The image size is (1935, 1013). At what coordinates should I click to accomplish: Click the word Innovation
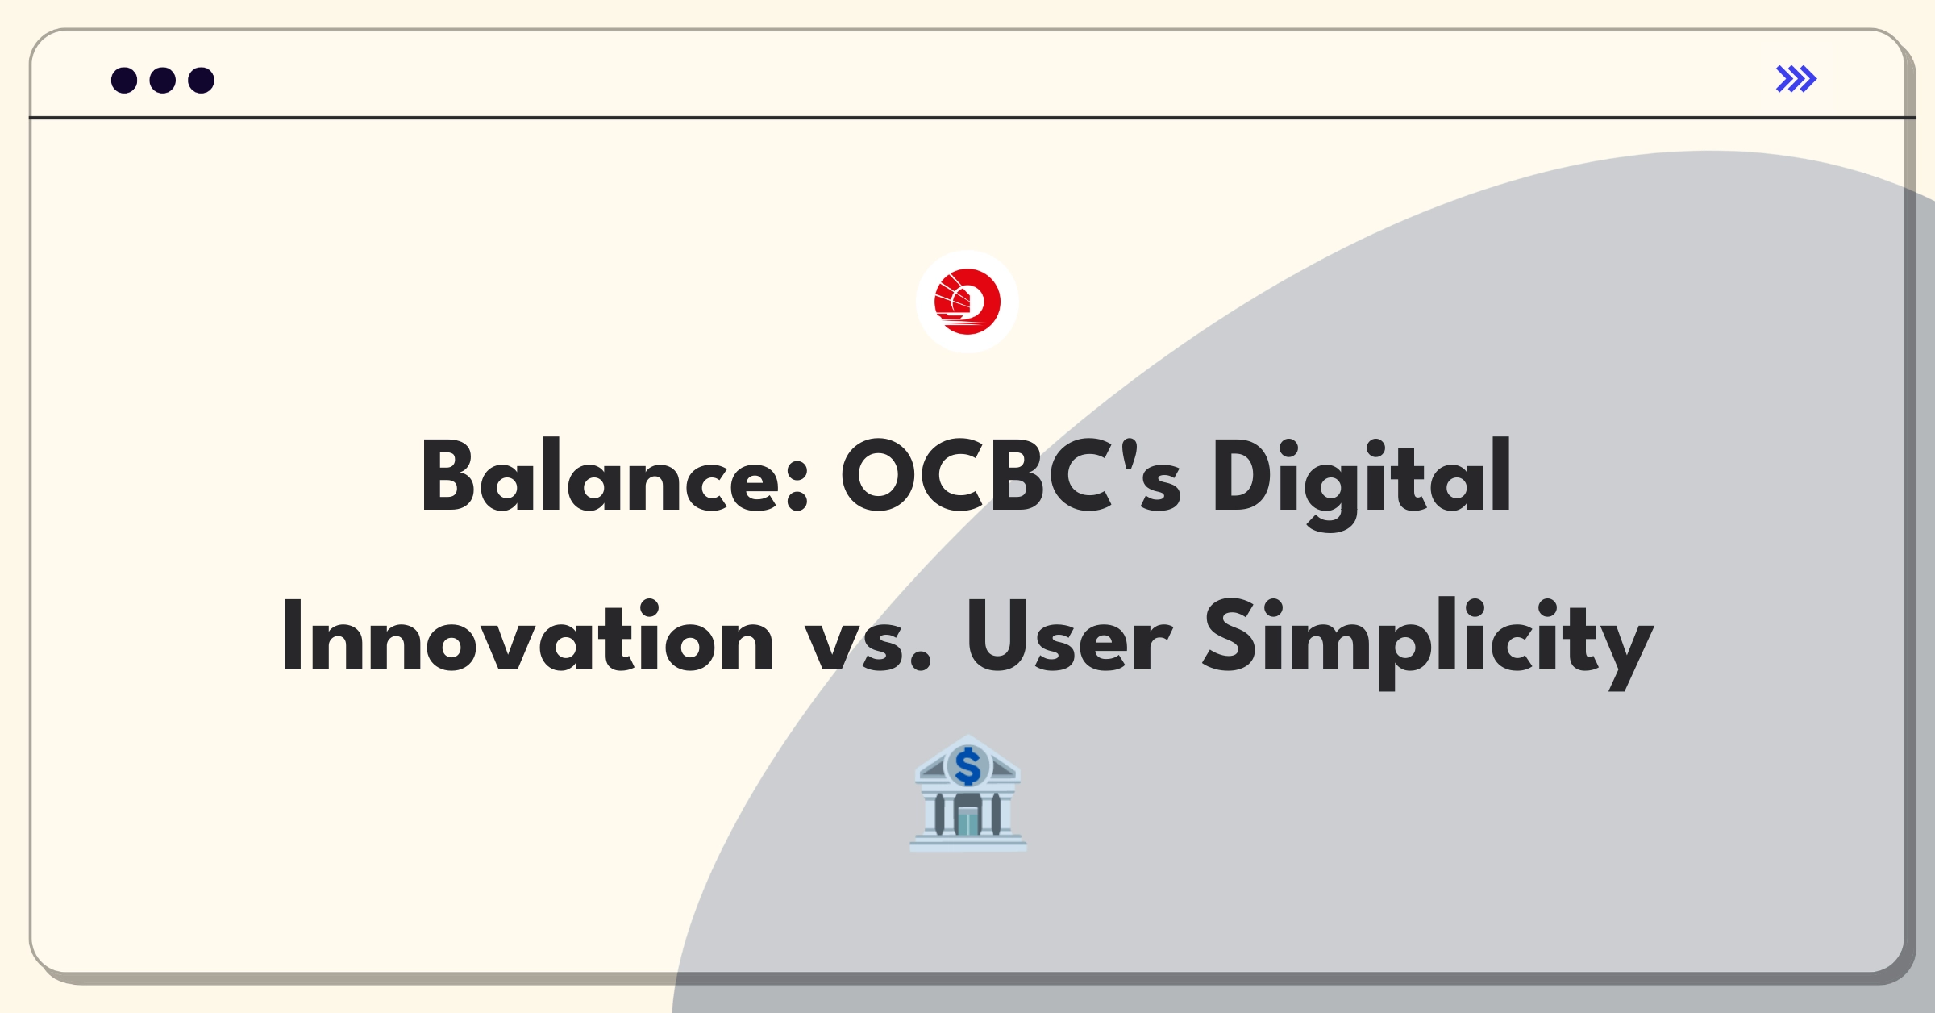(x=527, y=637)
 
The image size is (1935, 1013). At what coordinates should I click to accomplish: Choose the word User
(x=1068, y=637)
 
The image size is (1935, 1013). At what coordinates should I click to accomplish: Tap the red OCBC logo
(x=967, y=302)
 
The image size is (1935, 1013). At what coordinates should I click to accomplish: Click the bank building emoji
(x=967, y=794)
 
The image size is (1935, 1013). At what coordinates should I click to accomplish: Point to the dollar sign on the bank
(x=967, y=766)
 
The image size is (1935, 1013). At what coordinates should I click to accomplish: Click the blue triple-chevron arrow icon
(x=1796, y=79)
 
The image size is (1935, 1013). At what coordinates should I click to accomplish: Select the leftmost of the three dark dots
(x=124, y=81)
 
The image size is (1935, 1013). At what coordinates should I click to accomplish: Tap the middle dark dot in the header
(x=163, y=81)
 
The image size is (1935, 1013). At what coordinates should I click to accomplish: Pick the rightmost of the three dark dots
(x=202, y=81)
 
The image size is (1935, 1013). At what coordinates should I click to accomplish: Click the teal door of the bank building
(x=967, y=821)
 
